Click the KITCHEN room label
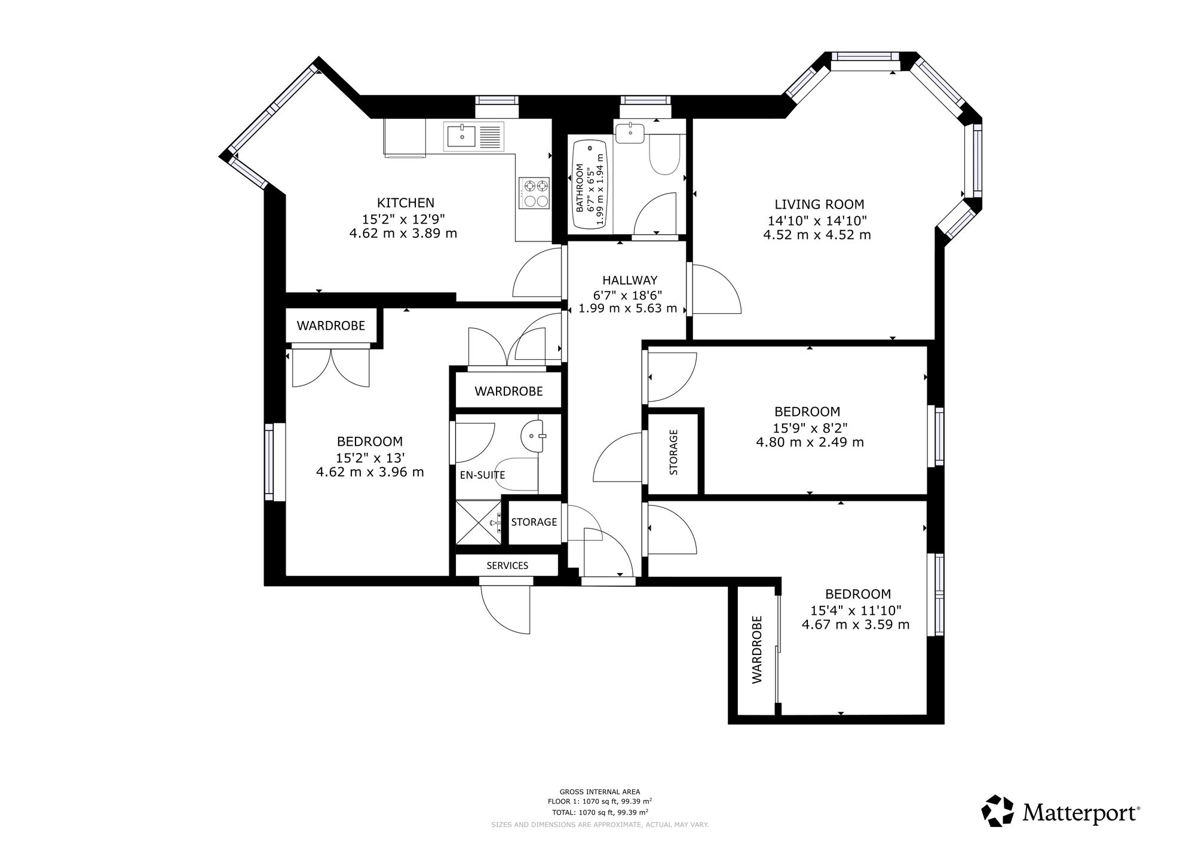405,203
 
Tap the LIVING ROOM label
819,204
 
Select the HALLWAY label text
630,280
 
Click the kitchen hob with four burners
534,192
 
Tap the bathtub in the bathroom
590,185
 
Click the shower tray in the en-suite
479,522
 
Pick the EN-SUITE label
482,475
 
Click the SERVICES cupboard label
507,565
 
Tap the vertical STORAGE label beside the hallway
673,452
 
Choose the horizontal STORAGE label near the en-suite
534,522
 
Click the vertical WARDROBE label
757,649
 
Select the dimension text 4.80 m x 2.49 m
810,442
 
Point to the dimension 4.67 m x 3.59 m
856,624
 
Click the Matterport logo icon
998,811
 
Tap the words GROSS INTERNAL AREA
599,792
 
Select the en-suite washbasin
533,434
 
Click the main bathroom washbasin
629,133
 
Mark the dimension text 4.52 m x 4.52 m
817,235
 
